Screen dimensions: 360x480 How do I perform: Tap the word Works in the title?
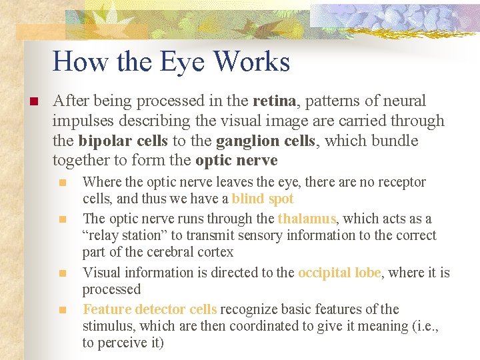pos(253,62)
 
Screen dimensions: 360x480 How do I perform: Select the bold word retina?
pos(274,101)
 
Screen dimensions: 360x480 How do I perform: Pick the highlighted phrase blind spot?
pos(263,199)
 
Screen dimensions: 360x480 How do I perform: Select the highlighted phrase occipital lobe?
pos(339,273)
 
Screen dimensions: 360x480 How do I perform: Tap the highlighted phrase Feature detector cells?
pos(149,309)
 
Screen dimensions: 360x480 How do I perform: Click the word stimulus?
pos(104,326)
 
